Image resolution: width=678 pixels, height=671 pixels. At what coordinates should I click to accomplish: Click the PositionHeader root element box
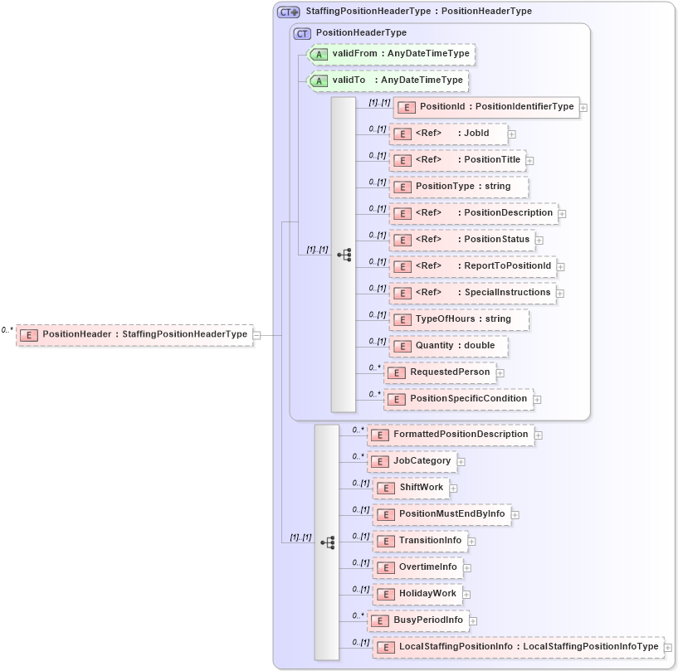click(x=134, y=335)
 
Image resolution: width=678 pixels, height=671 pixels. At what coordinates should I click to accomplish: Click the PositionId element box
click(x=486, y=107)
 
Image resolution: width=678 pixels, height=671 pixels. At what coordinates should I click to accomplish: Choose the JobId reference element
click(x=449, y=134)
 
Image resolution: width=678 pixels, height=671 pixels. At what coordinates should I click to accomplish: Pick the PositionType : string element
click(x=459, y=187)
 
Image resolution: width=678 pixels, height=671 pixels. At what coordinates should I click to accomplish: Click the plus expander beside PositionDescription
click(x=562, y=214)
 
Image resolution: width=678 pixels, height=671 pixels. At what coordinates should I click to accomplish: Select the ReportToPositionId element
click(x=473, y=266)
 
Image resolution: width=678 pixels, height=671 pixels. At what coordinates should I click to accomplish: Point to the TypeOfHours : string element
click(x=459, y=319)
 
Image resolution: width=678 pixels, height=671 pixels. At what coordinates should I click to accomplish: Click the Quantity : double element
click(x=449, y=346)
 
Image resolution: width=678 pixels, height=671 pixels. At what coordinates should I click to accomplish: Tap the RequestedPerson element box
click(x=441, y=372)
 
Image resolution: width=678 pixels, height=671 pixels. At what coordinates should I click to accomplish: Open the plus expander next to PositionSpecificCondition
click(x=537, y=400)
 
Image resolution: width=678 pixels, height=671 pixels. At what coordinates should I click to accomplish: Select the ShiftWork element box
click(x=412, y=488)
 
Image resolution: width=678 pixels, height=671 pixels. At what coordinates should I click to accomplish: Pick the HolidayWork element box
click(x=418, y=594)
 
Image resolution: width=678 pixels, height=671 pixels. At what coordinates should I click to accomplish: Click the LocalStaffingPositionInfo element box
click(x=519, y=647)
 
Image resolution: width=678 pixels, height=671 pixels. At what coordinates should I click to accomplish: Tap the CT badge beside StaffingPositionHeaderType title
click(x=288, y=12)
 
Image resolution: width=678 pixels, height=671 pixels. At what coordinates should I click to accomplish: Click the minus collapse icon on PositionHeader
click(x=256, y=335)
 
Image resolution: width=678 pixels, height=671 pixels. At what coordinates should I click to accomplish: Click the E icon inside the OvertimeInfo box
click(x=384, y=568)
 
